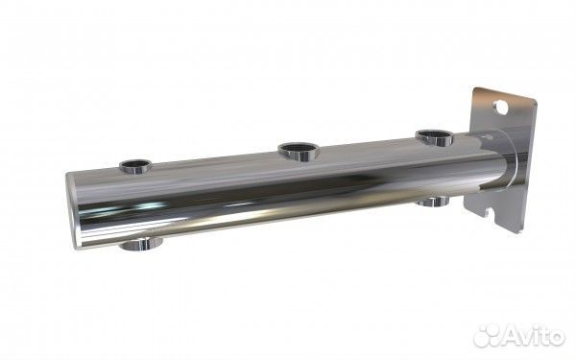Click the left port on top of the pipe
coord(135,166)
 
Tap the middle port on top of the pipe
coord(300,152)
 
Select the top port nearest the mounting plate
coord(435,137)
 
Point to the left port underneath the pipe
coord(141,244)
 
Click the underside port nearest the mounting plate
coord(434,201)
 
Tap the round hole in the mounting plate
coord(501,107)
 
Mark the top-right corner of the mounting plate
coord(536,100)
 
